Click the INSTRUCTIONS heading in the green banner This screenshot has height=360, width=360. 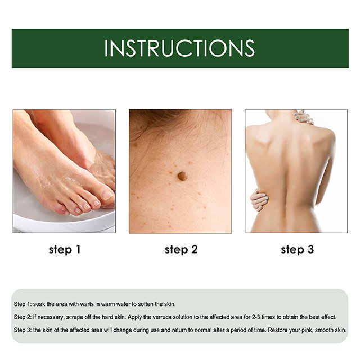point(179,48)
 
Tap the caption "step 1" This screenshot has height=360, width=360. point(65,249)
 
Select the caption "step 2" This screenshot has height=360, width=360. point(181,249)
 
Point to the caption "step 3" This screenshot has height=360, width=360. point(298,249)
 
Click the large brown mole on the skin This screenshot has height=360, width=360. point(182,176)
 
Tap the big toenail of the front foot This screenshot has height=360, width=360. point(107,195)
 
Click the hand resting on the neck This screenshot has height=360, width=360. point(304,117)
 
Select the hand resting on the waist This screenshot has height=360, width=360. point(259,200)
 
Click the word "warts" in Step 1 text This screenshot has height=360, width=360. point(87,304)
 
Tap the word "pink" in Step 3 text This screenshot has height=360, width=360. point(308,330)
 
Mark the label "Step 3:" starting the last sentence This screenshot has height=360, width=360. point(22,330)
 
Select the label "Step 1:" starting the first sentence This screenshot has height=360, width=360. point(22,304)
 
